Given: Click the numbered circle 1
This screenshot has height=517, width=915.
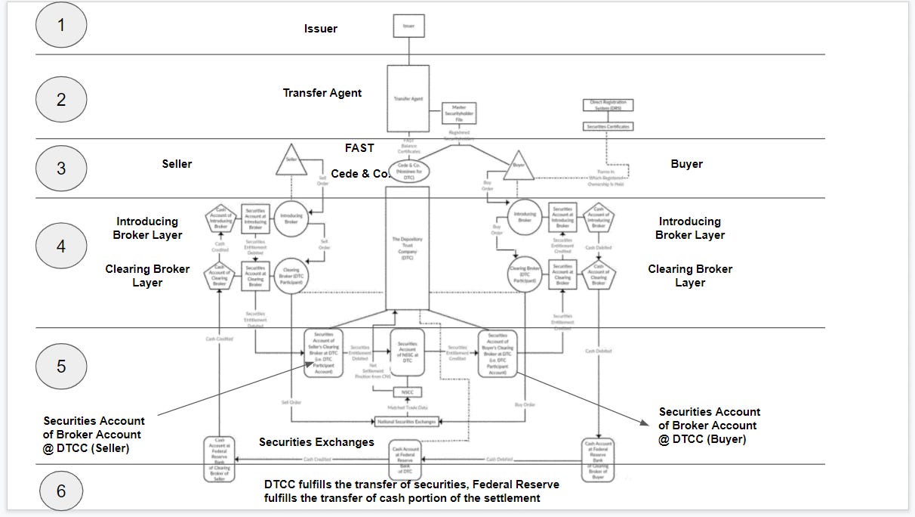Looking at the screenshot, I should [61, 24].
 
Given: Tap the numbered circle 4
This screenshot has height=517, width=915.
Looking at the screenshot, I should [61, 246].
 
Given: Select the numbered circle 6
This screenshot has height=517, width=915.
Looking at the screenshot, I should [61, 491].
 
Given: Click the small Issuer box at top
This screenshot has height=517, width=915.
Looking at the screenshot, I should [408, 26].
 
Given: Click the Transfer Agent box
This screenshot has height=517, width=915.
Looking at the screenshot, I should [408, 98].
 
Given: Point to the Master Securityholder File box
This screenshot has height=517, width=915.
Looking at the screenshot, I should [458, 114].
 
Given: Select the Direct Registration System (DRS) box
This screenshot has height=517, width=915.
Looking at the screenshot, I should [608, 106].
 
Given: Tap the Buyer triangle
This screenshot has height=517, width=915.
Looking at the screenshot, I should [519, 164].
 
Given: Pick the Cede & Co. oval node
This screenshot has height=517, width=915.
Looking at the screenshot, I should [408, 170].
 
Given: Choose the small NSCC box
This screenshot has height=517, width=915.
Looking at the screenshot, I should [406, 392].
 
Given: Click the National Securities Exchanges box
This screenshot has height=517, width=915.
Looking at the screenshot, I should [406, 421].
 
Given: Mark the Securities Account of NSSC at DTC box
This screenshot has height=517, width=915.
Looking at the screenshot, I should [406, 352].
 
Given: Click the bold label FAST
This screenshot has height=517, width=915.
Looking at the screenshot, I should [359, 147].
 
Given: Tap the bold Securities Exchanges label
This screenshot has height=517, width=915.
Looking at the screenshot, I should [316, 441].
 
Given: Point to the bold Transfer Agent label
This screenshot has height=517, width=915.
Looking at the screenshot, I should [322, 93].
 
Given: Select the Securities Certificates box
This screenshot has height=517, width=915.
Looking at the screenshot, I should [608, 126].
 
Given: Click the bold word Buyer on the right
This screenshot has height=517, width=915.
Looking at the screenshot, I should [686, 164].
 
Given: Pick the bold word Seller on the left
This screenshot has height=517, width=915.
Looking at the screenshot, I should [177, 164].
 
